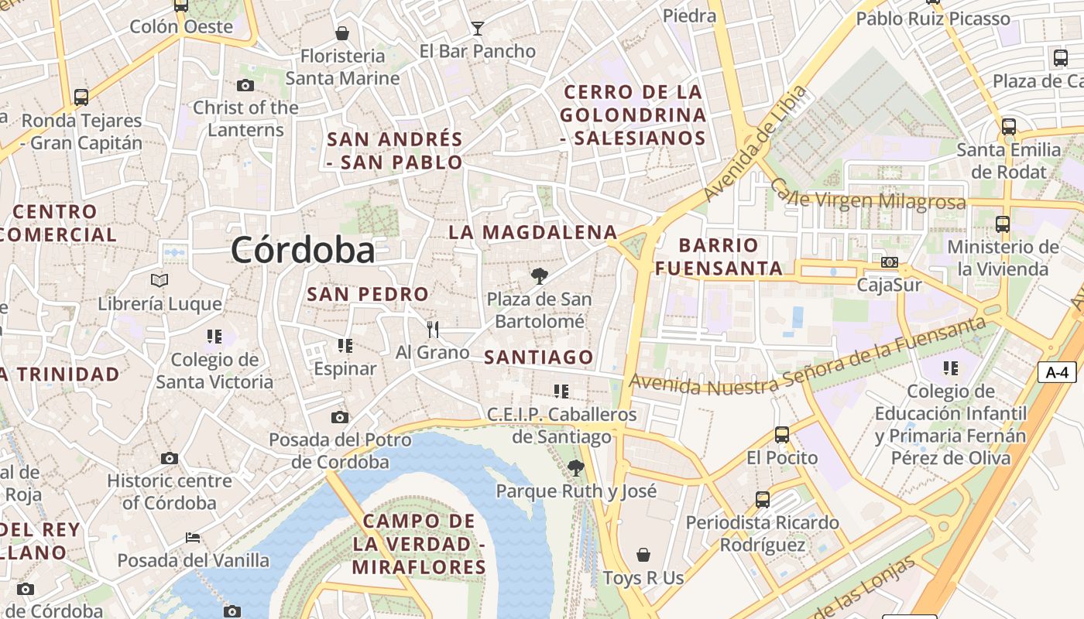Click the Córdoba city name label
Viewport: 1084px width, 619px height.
(x=303, y=250)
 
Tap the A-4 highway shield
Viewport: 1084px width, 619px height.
(x=1057, y=372)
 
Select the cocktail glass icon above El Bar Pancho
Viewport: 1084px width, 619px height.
(x=478, y=29)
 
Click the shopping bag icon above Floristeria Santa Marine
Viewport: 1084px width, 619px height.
(x=341, y=33)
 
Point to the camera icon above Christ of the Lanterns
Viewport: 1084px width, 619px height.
(x=245, y=85)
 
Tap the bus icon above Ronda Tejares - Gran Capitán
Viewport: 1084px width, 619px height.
(x=81, y=97)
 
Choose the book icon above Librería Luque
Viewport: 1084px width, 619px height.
(x=160, y=280)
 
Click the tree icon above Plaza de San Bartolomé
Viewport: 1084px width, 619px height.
(x=539, y=275)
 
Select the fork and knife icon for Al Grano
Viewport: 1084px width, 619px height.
(x=433, y=330)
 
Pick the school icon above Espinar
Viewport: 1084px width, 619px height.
(x=345, y=346)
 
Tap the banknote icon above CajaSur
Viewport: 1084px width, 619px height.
(x=890, y=262)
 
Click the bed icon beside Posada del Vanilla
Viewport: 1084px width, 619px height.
(x=193, y=537)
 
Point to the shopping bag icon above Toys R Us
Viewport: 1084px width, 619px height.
(x=643, y=555)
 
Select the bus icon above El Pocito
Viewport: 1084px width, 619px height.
(x=782, y=435)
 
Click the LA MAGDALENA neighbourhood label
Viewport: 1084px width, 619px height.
(x=533, y=232)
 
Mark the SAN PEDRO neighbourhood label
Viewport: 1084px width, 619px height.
(x=368, y=294)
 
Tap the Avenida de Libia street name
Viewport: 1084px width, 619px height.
(x=756, y=144)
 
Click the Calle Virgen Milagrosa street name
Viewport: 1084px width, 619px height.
(x=867, y=198)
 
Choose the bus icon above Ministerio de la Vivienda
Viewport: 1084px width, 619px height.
(x=1003, y=224)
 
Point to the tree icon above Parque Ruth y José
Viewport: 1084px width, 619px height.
(x=575, y=467)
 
